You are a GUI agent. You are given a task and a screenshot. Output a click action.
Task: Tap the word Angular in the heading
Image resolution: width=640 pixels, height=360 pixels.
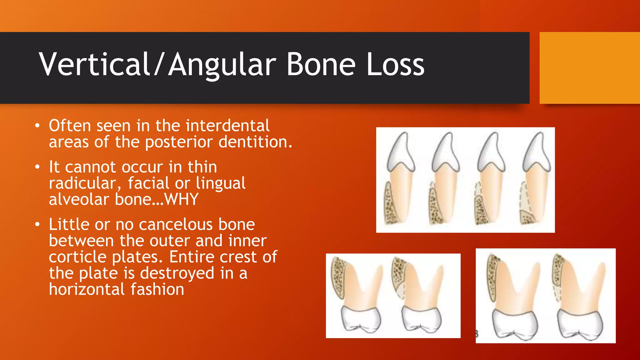[222, 64]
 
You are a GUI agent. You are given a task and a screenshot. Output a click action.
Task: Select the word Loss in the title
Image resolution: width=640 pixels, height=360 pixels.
[395, 64]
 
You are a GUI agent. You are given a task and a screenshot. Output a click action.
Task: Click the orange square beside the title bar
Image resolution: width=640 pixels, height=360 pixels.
[590, 68]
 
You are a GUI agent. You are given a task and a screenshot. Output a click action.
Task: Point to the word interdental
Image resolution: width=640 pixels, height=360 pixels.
[227, 126]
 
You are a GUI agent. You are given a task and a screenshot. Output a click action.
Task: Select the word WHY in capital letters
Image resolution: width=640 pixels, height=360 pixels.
[182, 199]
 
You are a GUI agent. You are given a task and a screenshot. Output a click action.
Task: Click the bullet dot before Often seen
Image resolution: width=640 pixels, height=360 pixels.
[37, 126]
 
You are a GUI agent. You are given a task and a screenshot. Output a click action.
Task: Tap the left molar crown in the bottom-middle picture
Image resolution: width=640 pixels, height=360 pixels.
[361, 319]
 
